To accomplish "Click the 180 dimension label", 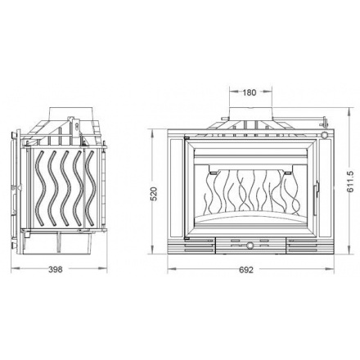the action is pyautogui.click(x=250, y=92).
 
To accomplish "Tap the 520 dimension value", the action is pyautogui.click(x=154, y=194).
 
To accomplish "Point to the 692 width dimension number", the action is pyautogui.click(x=246, y=270).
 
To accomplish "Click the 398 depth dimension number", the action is pyautogui.click(x=56, y=269).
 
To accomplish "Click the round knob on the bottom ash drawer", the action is pyautogui.click(x=250, y=245).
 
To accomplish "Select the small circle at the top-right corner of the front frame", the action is pyautogui.click(x=325, y=135).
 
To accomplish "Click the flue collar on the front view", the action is pyautogui.click(x=250, y=114).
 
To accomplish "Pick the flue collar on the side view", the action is pyautogui.click(x=71, y=113).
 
